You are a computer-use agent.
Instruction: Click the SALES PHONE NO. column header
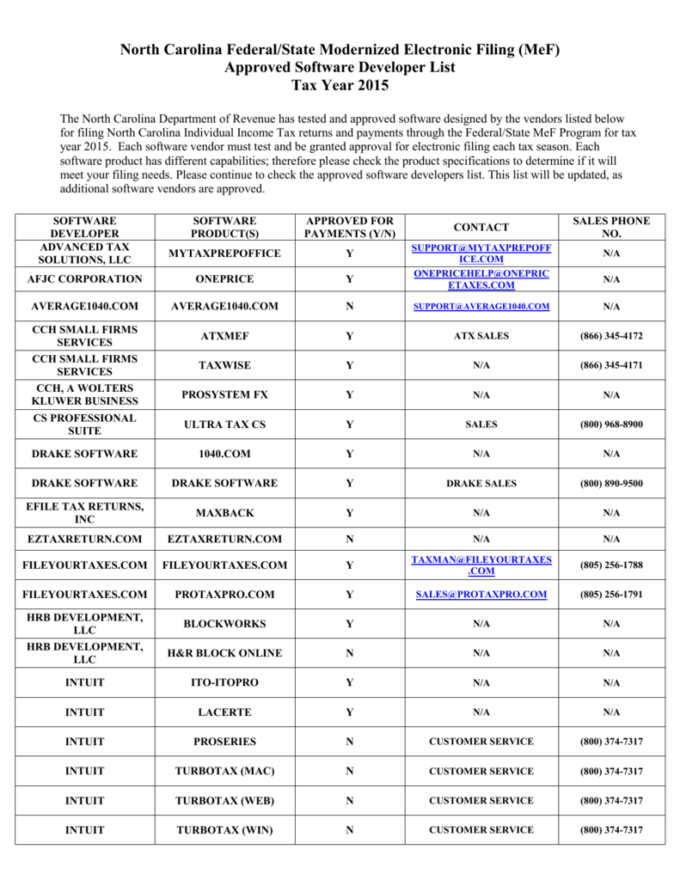click(611, 227)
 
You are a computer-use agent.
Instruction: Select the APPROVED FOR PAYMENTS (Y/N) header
click(349, 227)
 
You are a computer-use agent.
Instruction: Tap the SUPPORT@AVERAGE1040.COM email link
click(481, 307)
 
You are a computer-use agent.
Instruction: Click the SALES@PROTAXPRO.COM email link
click(481, 595)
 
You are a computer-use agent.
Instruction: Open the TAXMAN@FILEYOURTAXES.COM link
click(481, 565)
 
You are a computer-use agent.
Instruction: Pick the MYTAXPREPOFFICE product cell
click(225, 254)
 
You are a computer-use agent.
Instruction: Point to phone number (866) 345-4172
click(611, 336)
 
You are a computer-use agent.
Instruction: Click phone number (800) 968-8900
click(611, 425)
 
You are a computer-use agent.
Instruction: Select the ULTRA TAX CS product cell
click(225, 425)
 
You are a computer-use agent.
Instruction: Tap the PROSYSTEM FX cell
click(225, 395)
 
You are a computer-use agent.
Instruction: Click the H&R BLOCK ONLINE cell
click(225, 653)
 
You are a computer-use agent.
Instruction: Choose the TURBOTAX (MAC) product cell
click(225, 771)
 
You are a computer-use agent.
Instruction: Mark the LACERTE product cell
click(225, 712)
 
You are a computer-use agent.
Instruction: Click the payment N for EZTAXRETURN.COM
click(349, 540)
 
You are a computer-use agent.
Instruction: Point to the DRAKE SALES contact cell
click(481, 484)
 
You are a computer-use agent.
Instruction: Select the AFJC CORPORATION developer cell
click(85, 279)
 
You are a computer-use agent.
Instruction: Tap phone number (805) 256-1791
click(611, 595)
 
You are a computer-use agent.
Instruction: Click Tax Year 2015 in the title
click(340, 86)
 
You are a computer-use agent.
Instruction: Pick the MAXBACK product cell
click(225, 513)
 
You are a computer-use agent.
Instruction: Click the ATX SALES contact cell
click(481, 336)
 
